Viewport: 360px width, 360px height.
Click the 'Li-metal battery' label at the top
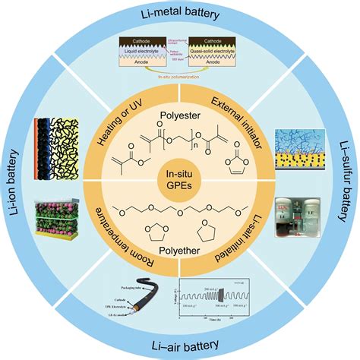point(180,16)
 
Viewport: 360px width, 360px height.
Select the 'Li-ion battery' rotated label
point(16,180)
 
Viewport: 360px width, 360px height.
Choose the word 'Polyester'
point(180,119)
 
